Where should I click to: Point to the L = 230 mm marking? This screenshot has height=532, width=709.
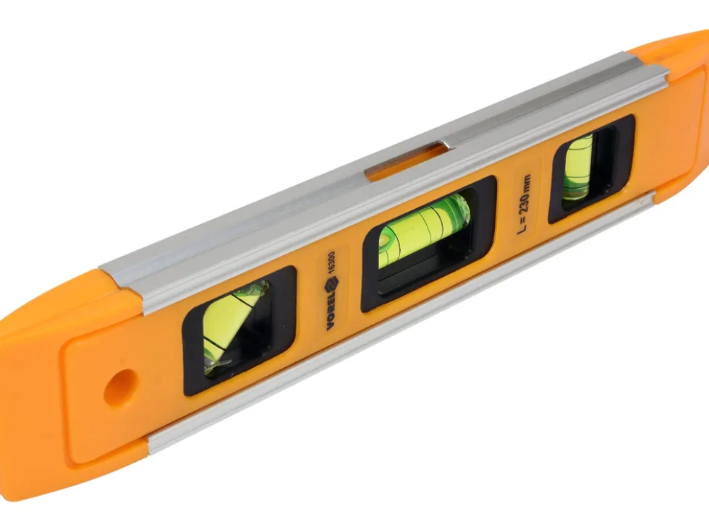[525, 204]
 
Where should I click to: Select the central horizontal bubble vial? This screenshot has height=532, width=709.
[424, 231]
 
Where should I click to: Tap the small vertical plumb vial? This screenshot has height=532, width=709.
[578, 167]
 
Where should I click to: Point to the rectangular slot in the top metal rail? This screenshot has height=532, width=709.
[406, 160]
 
